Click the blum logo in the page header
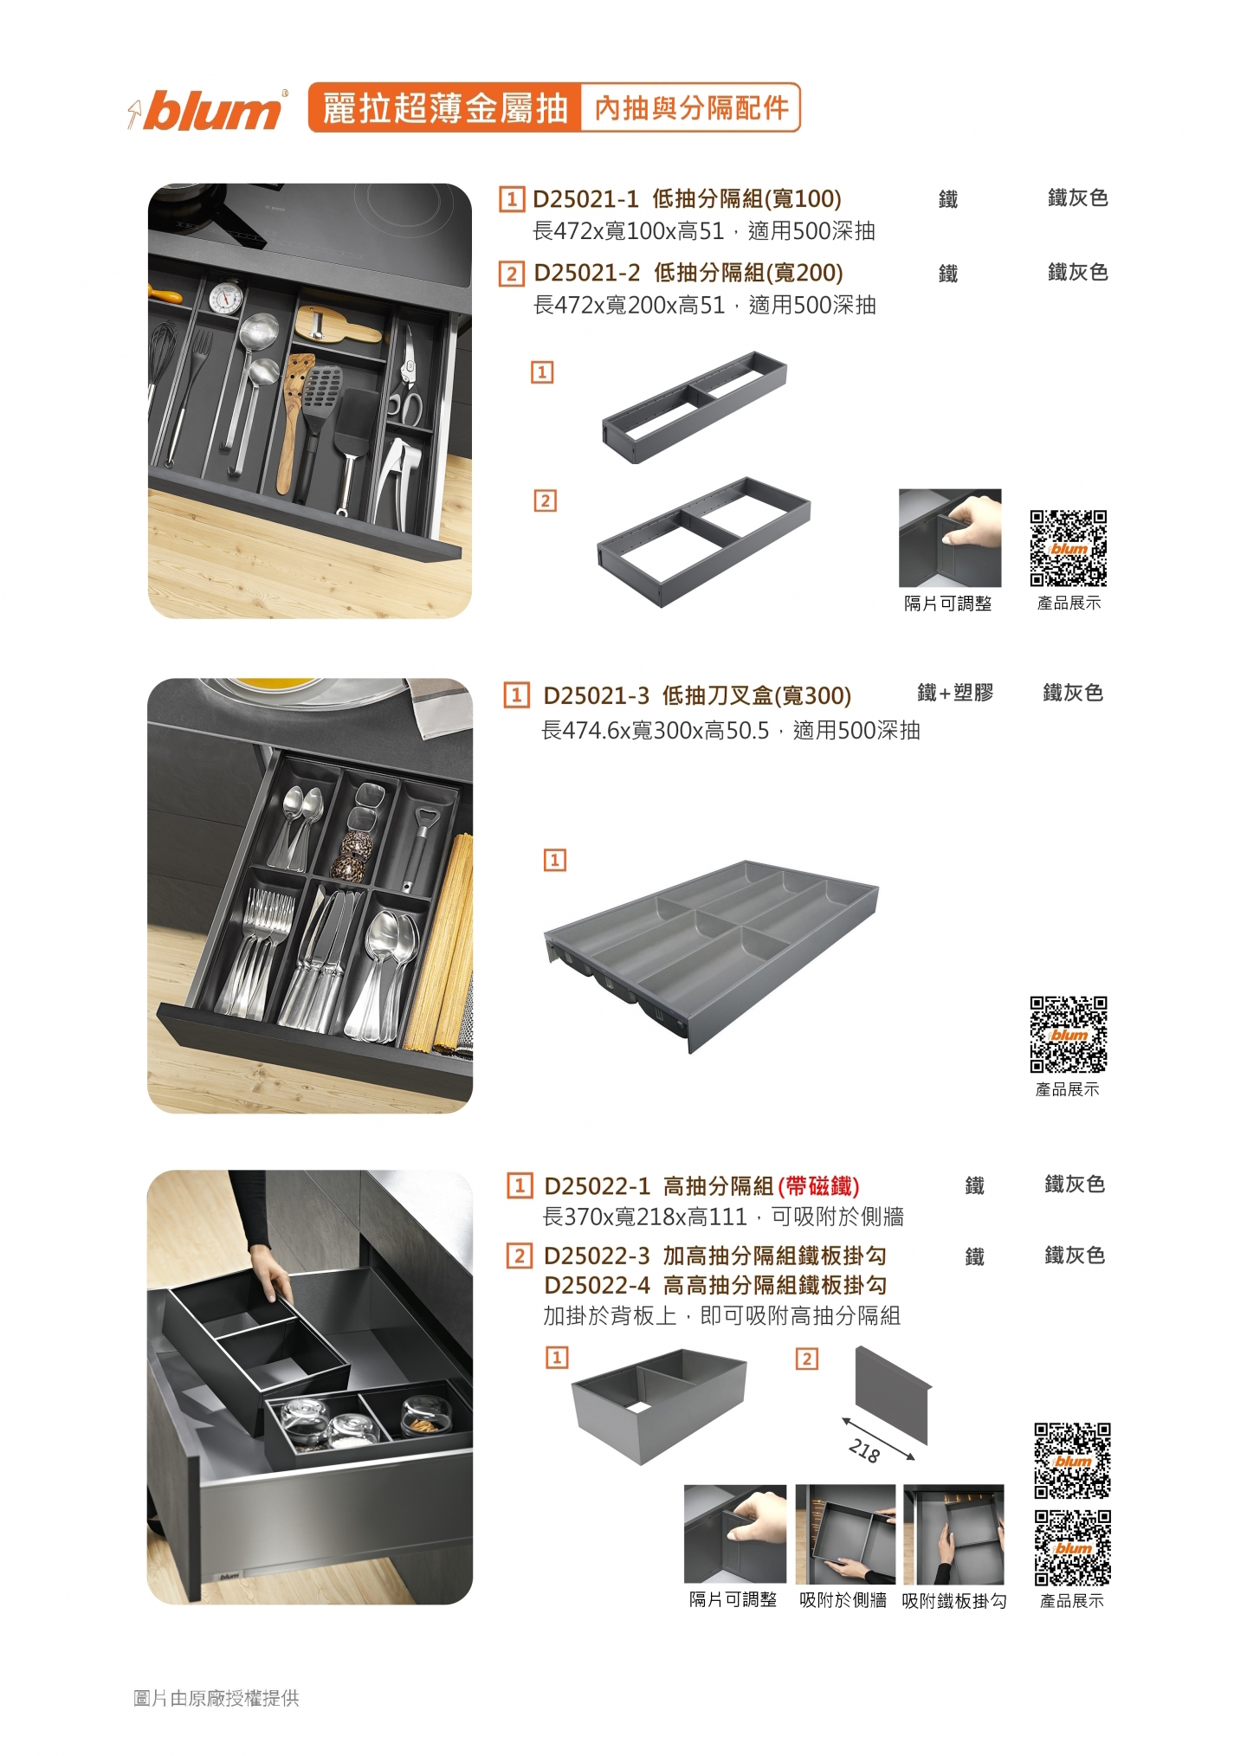click(x=208, y=110)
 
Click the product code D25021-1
click(x=585, y=199)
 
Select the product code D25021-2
click(x=587, y=273)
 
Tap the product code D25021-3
click(x=596, y=695)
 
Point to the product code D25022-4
click(x=598, y=1285)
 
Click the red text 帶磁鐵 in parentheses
click(x=818, y=1185)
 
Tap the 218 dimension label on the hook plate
click(x=864, y=1450)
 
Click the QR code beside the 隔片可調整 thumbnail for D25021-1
click(x=1069, y=549)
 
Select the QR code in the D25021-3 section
click(x=1069, y=1035)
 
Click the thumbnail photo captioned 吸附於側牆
click(x=845, y=1534)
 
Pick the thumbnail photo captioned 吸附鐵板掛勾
click(x=953, y=1534)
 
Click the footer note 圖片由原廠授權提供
click(x=216, y=1698)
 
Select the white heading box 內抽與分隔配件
click(x=691, y=108)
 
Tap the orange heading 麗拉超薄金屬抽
click(x=445, y=108)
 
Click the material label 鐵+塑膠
click(x=955, y=693)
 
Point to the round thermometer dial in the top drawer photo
click(x=226, y=297)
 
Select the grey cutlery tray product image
click(x=712, y=955)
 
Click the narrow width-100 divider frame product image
click(x=695, y=407)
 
